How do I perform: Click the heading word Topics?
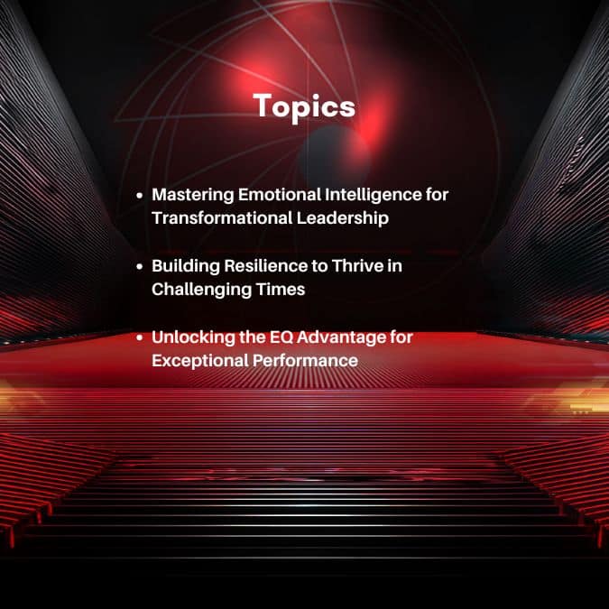pyautogui.click(x=305, y=106)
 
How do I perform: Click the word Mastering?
pyautogui.click(x=193, y=196)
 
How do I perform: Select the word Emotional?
pyautogui.click(x=280, y=194)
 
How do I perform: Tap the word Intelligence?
pyautogui.click(x=374, y=196)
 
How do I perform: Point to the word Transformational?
pyautogui.click(x=222, y=217)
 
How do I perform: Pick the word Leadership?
pyautogui.click(x=343, y=218)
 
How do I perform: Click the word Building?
pyautogui.click(x=186, y=267)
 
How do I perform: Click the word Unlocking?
pyautogui.click(x=193, y=338)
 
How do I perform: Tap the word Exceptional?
pyautogui.click(x=200, y=361)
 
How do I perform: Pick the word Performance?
pyautogui.click(x=305, y=361)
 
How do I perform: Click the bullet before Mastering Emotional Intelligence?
pyautogui.click(x=140, y=196)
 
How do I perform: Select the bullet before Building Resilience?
pyautogui.click(x=140, y=267)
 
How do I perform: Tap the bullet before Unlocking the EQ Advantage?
pyautogui.click(x=140, y=338)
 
